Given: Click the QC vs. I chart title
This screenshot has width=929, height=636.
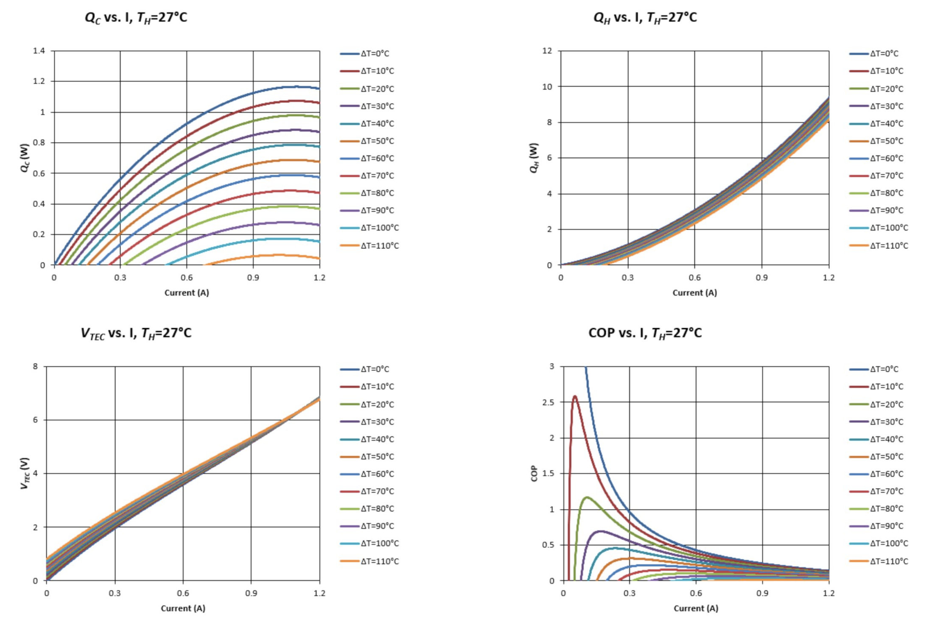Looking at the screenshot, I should coord(136,18).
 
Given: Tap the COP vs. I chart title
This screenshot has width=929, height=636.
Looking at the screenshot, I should coord(645,333).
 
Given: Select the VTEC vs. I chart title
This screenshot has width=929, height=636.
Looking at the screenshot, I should coord(136,333).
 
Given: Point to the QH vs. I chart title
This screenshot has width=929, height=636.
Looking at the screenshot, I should coord(645,18).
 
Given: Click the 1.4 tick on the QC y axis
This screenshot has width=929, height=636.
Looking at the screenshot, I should coord(39,51).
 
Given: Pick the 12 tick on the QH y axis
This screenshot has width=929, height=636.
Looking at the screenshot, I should coord(547,51).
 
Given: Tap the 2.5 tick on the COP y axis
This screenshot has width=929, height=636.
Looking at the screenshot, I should coord(548,402).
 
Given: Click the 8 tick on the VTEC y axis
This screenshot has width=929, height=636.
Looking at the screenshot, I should coord(35,366).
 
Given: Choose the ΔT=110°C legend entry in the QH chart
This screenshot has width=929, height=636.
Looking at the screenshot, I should coord(879,245).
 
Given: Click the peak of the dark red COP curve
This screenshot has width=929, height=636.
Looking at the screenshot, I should coord(575,396).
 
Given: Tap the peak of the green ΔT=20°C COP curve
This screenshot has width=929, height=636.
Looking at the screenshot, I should coord(587,497).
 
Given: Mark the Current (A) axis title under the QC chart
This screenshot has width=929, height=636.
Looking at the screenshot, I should coord(187,293).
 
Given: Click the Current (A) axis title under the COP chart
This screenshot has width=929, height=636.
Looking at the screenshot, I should coord(696,608).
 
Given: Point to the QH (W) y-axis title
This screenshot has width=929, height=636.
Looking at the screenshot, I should coord(534,158).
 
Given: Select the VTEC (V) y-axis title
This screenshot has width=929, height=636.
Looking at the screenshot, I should coord(25,473).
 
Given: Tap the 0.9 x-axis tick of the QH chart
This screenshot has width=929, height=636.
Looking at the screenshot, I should coord(762,278).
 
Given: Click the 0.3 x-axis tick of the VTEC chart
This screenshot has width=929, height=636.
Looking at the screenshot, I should coord(115,593).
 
